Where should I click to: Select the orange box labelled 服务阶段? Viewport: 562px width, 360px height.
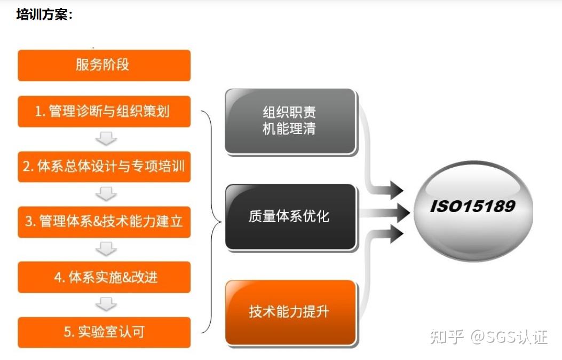[104, 65]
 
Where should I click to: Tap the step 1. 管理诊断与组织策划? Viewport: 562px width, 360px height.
[104, 112]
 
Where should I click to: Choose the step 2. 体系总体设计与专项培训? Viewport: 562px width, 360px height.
[104, 166]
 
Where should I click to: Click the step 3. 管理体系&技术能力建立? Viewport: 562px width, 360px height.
[104, 221]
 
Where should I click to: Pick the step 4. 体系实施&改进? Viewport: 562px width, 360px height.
[104, 277]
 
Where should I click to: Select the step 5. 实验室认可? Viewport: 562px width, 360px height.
[104, 332]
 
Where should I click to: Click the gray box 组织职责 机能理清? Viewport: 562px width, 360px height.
[290, 121]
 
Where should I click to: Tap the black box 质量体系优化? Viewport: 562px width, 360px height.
[290, 216]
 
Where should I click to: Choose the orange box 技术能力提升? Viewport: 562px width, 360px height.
[290, 312]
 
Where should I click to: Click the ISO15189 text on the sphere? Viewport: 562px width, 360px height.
[473, 207]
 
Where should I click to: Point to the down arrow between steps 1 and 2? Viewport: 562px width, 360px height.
[106, 139]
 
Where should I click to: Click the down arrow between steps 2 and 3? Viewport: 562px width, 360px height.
[106, 194]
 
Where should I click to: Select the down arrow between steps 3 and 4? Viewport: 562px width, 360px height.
[106, 249]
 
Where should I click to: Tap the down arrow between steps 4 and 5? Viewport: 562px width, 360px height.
[106, 304]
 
